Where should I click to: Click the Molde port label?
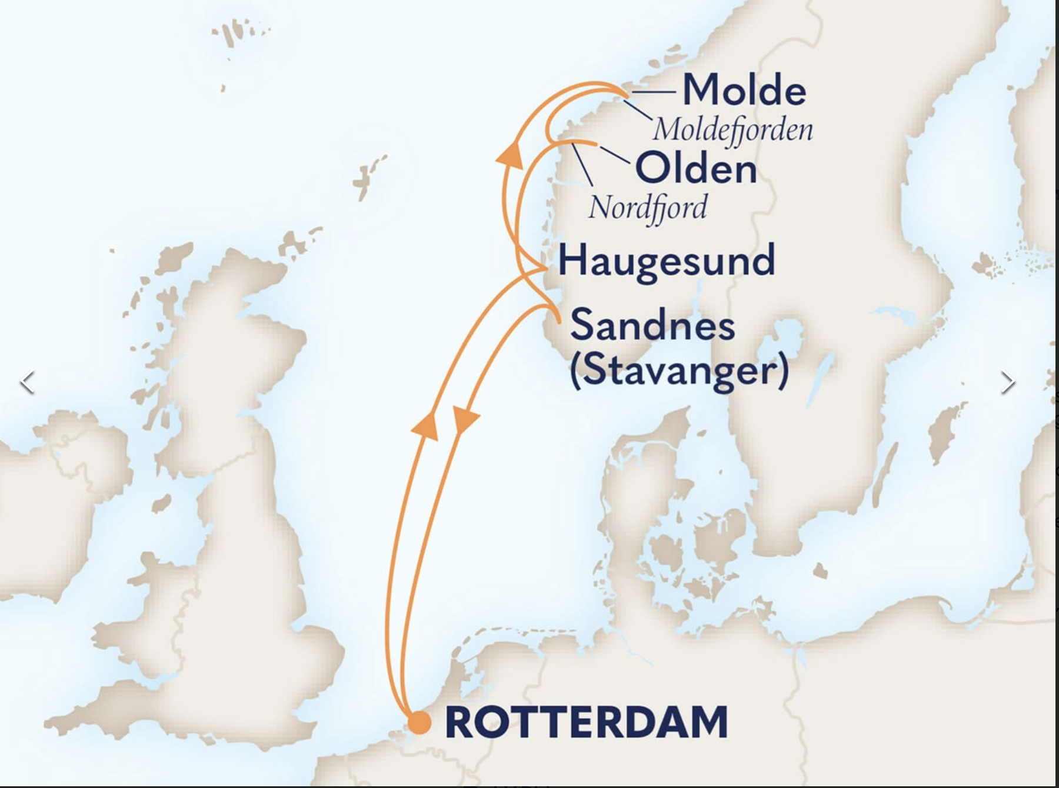pos(744,91)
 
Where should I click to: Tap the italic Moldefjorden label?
pos(732,130)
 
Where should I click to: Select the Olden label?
pos(696,169)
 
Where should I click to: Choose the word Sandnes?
pos(652,325)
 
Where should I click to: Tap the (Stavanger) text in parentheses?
pos(679,371)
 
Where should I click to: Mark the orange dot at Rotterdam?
pos(420,723)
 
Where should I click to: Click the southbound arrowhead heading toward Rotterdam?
pos(465,419)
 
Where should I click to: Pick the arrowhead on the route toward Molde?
pos(509,155)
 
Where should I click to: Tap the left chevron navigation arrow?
pos(27,382)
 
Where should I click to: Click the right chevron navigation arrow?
pos(1008,382)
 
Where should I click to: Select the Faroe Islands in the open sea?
pos(365,176)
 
